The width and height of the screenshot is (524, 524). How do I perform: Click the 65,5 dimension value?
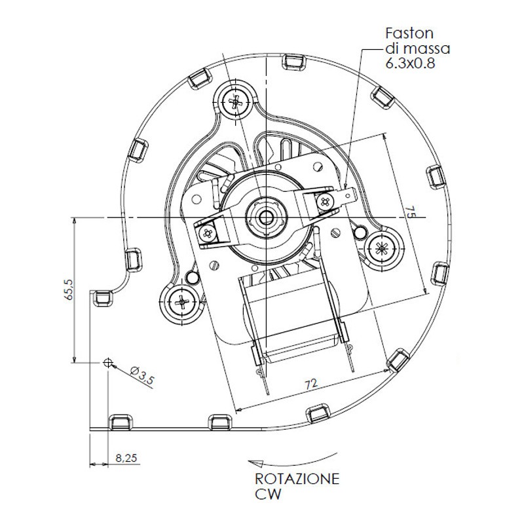tap(70, 290)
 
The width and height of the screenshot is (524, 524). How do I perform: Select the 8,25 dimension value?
tap(126, 457)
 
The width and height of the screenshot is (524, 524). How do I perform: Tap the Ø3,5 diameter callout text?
tap(142, 375)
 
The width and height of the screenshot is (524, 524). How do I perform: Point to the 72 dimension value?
tap(311, 384)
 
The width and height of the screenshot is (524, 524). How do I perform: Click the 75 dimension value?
tap(411, 212)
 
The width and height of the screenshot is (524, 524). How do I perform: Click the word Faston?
tap(409, 33)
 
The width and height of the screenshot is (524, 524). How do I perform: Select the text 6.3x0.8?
tap(411, 63)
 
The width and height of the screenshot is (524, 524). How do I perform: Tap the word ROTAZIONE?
tap(297, 479)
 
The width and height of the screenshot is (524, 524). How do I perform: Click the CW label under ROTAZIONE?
tap(268, 494)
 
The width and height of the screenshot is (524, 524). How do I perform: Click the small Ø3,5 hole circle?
tap(107, 362)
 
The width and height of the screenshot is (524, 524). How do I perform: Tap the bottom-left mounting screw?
tap(181, 303)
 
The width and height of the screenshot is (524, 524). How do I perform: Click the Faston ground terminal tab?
tap(348, 197)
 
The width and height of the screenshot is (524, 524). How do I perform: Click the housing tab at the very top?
tap(294, 62)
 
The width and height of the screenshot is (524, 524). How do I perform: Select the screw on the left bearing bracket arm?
tap(208, 233)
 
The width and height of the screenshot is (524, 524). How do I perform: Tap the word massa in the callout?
tap(427, 48)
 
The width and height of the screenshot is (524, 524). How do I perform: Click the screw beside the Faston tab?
tap(324, 202)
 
